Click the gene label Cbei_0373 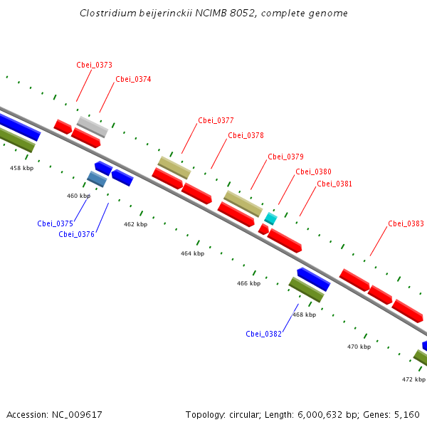click(x=94, y=65)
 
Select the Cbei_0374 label click(x=133, y=79)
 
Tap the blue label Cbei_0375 click(x=55, y=223)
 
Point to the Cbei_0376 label click(x=77, y=234)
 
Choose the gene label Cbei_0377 click(x=216, y=120)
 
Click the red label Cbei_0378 click(x=246, y=135)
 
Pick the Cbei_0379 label click(x=285, y=157)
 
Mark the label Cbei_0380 click(x=313, y=172)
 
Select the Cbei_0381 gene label click(x=334, y=184)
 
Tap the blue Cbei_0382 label click(x=264, y=334)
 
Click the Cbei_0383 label click(x=406, y=223)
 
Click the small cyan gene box click(x=270, y=218)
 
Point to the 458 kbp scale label click(x=21, y=168)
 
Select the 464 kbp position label click(x=192, y=253)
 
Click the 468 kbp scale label click(x=304, y=315)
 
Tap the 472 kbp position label click(x=413, y=379)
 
